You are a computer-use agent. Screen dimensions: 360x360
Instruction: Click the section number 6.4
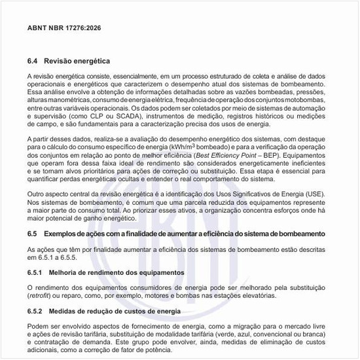pos(34,61)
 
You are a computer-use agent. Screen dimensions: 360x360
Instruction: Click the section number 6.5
pos(34,234)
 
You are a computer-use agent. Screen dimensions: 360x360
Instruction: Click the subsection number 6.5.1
pos(37,271)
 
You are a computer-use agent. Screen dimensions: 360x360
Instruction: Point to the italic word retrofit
pos(40,295)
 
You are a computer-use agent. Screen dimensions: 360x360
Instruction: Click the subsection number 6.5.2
pos(37,311)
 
